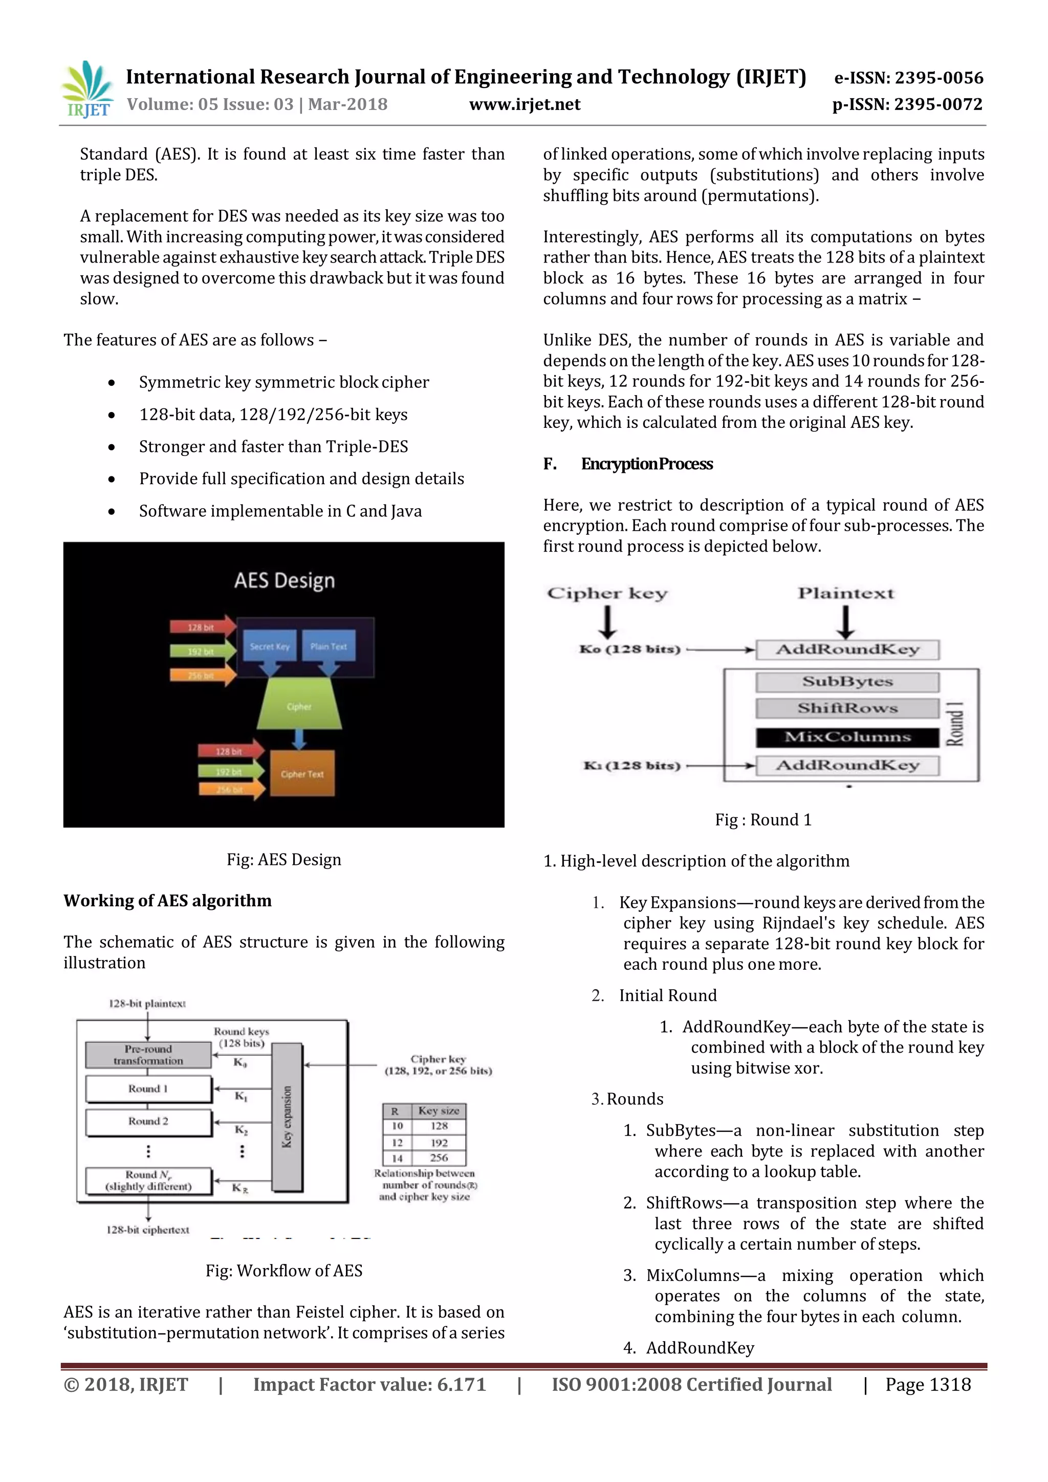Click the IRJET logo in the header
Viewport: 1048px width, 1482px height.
(87, 90)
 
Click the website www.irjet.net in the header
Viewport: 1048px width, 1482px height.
(525, 104)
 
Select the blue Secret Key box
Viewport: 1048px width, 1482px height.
(270, 645)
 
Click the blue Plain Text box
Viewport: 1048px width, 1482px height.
(329, 645)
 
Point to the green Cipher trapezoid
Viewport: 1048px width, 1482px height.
(299, 706)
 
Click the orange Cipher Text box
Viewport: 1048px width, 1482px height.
(302, 773)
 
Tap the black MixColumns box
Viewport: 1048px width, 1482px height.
(847, 737)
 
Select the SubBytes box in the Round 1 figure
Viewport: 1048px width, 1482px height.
(847, 682)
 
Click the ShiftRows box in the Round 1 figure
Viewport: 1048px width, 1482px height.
(847, 708)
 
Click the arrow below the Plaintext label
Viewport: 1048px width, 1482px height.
(845, 623)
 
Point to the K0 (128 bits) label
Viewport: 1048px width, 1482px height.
(630, 649)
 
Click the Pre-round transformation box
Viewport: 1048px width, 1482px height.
(148, 1055)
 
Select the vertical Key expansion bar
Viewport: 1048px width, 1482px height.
(287, 1117)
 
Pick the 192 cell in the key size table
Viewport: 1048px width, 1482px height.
(439, 1142)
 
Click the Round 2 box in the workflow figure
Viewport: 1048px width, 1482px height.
(148, 1122)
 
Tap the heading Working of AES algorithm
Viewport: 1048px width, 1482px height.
(167, 901)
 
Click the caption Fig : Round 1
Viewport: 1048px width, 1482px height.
(763, 820)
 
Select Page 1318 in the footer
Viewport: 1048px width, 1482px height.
(927, 1385)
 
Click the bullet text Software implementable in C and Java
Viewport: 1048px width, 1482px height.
(280, 511)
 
